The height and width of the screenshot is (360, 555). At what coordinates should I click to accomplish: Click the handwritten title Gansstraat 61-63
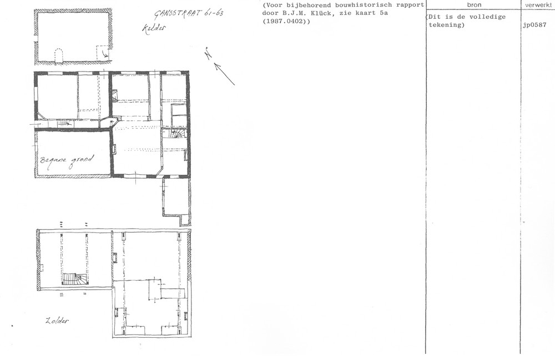[189, 14]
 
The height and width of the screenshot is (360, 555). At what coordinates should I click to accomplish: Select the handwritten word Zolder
[57, 321]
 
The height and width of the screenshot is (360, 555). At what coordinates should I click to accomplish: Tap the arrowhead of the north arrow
[217, 66]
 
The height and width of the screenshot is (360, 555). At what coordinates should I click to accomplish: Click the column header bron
[474, 4]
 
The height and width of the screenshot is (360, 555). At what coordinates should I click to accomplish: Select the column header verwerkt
[538, 4]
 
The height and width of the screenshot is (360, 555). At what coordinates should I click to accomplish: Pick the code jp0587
[534, 25]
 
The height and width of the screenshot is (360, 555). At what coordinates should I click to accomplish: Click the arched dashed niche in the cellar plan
[59, 56]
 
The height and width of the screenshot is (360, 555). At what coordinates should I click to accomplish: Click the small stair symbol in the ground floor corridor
[64, 123]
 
